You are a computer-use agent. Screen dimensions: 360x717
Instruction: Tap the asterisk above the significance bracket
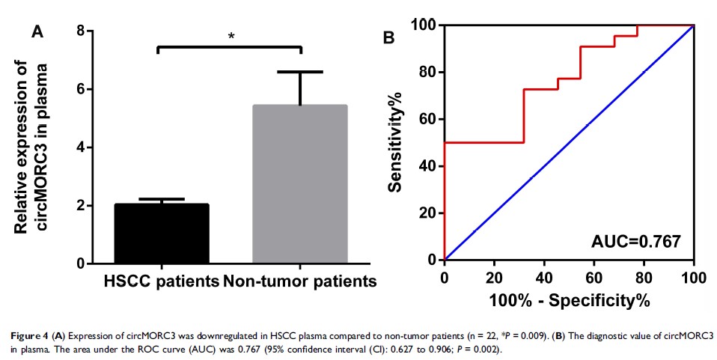231,36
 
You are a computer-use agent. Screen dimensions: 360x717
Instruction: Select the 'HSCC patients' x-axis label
160,282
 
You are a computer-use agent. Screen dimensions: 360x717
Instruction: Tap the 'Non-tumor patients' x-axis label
299,282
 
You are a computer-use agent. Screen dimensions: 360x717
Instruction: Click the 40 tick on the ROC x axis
545,276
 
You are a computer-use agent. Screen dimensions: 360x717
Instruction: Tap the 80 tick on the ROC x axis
644,276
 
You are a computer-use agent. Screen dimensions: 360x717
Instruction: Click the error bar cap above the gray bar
299,72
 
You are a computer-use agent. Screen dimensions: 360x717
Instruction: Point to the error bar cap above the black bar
161,199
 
